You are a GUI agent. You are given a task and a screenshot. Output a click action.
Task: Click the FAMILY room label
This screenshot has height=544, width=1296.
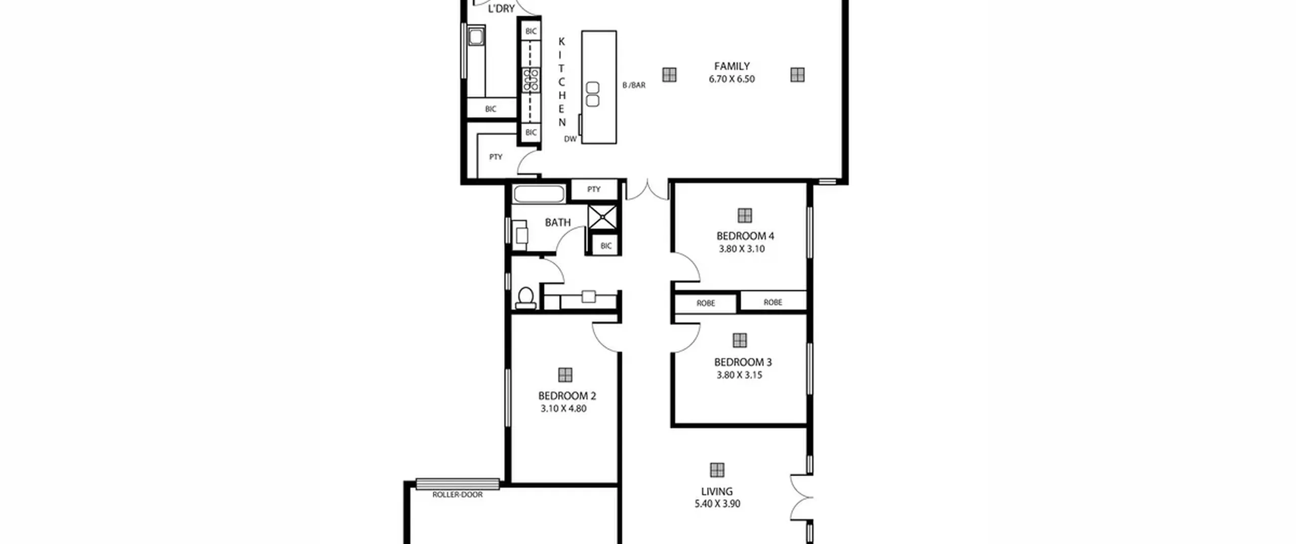coord(732,66)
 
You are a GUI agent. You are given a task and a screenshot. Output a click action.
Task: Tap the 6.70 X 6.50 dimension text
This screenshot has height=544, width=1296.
coord(732,79)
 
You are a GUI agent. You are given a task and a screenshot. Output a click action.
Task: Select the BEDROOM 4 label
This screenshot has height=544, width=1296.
coord(745,236)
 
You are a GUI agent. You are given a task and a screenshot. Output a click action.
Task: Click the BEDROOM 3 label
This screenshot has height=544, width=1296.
coord(743,362)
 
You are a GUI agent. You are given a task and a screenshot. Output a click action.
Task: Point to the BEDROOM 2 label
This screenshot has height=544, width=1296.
coord(567,396)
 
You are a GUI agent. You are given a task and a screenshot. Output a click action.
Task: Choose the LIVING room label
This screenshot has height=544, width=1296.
coord(716,491)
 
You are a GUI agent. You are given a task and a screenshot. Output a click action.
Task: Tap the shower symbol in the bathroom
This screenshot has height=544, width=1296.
coord(602,217)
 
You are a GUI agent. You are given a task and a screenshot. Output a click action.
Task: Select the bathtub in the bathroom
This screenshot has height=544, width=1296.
coord(539,194)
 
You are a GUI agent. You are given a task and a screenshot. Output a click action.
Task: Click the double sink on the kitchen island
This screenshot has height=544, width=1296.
coord(592,95)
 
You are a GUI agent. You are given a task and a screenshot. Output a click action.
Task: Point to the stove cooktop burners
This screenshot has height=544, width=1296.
coord(531,80)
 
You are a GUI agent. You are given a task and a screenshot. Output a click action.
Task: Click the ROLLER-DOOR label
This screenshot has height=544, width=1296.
coord(458,495)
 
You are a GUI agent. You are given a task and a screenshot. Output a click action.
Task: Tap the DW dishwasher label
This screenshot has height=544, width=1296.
coord(570,139)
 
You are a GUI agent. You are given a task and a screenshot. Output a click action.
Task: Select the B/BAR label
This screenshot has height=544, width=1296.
coord(634,85)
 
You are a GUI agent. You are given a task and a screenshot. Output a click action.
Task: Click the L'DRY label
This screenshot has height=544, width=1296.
coord(501,9)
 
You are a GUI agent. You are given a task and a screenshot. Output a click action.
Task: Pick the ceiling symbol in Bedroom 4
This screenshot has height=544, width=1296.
coord(744,216)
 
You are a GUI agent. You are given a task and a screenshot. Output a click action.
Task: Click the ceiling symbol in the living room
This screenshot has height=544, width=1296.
coord(717,470)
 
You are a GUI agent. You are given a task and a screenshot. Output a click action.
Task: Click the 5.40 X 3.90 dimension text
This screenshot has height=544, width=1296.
coord(717,504)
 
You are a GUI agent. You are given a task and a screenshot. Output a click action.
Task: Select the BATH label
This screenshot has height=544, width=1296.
coord(557,223)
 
